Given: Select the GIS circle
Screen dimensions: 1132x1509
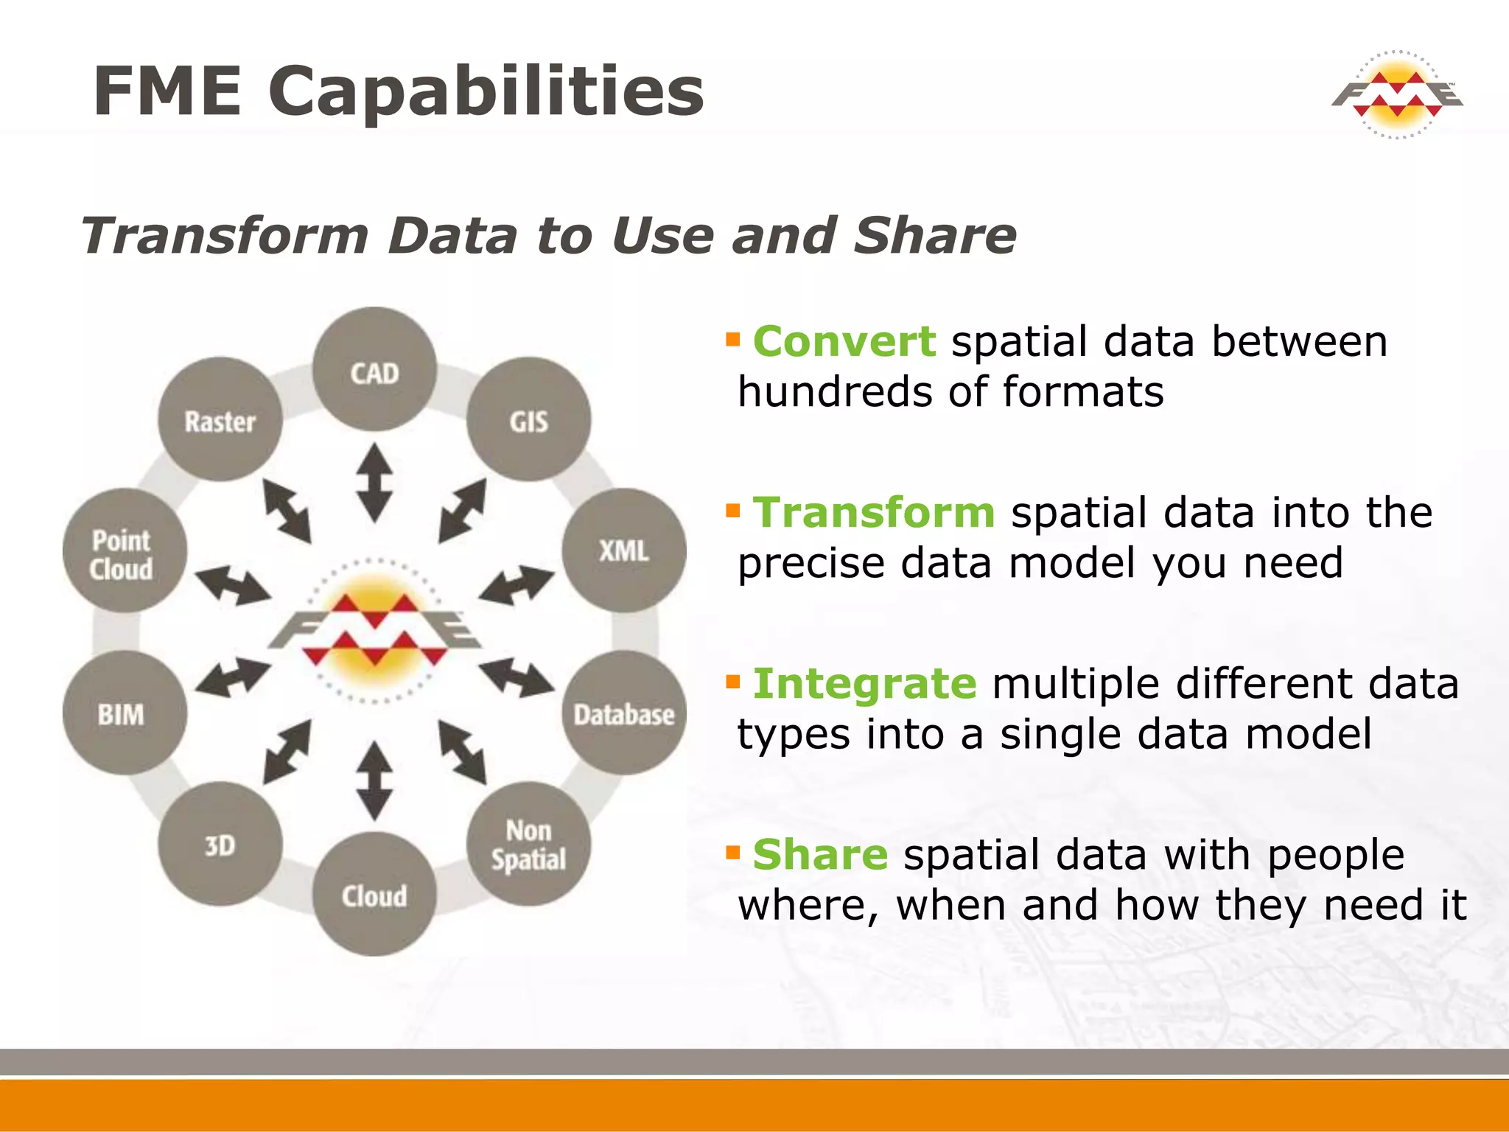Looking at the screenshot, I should point(528,419).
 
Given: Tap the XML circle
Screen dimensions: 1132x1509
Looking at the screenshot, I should point(623,550).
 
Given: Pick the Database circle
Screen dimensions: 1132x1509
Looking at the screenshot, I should point(623,713).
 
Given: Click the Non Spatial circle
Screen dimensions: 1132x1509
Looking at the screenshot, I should point(528,844).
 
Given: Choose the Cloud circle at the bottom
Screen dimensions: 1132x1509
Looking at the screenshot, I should point(374,894).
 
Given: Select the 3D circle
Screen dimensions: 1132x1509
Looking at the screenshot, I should point(220,844).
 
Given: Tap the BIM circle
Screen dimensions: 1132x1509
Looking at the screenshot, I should point(124,713).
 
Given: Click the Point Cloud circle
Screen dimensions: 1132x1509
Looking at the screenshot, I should point(124,551).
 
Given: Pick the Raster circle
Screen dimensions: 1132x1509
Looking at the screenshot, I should point(220,419).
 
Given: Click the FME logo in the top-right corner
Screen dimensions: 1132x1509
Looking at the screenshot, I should point(1396,94).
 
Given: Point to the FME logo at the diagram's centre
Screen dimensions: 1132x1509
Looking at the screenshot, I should point(374,630).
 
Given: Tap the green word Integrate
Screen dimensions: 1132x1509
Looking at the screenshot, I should point(864,683).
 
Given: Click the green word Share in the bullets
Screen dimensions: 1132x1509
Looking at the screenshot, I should point(820,854).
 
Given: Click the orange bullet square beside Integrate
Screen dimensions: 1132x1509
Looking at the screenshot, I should point(732,681).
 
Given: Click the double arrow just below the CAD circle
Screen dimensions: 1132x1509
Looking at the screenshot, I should point(374,483).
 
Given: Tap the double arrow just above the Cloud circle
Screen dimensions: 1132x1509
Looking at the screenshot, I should point(374,780).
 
